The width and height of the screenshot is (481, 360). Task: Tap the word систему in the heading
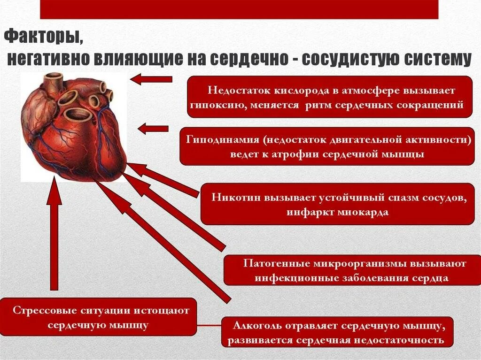[x=440, y=60]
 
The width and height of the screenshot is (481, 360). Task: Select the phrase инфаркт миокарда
[x=337, y=212]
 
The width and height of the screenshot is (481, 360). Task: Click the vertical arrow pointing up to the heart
[x=54, y=235]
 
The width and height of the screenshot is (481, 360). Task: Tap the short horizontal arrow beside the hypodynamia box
[x=153, y=128]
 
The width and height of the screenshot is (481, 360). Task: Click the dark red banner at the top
[x=239, y=9]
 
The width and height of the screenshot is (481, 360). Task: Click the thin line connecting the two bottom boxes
[x=209, y=325]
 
